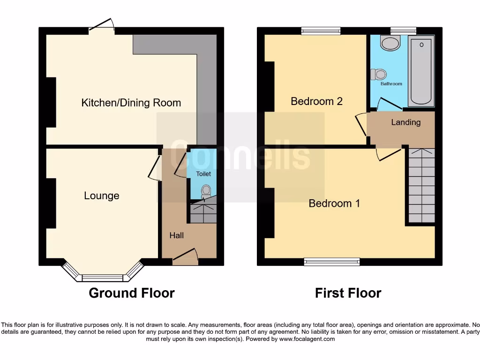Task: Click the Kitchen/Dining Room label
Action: [x=131, y=103]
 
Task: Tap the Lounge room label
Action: [x=102, y=196]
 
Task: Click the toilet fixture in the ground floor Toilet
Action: [x=205, y=190]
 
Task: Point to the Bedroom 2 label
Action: [x=316, y=101]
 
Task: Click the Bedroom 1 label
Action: [x=334, y=203]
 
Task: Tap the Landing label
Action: [x=405, y=122]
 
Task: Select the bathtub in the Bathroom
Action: [x=421, y=71]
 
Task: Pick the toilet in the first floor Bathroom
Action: [x=379, y=74]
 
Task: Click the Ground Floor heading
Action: [x=132, y=293]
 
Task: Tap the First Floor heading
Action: [x=348, y=293]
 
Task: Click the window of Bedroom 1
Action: [x=332, y=262]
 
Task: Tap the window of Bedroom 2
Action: [x=321, y=31]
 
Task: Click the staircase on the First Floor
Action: [x=422, y=185]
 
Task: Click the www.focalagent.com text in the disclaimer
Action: [x=307, y=339]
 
